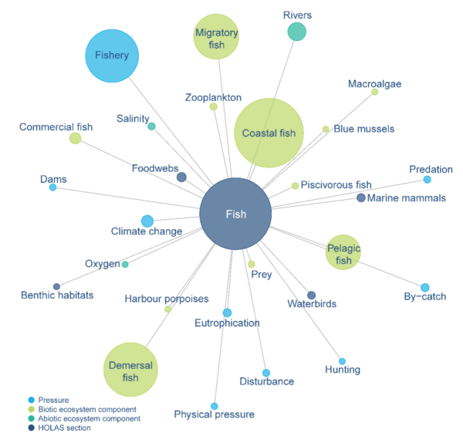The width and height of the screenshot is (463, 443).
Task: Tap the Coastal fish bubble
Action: [x=269, y=133]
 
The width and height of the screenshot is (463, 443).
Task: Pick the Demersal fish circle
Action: [x=130, y=370]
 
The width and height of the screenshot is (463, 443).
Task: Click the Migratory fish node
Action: [x=216, y=37]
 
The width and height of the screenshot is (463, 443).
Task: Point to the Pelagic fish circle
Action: [x=343, y=252]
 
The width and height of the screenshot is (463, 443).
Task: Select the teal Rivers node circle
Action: [x=296, y=31]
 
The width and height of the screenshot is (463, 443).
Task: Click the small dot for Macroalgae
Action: [x=375, y=92]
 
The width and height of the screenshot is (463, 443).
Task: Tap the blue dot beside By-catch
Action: [x=424, y=288]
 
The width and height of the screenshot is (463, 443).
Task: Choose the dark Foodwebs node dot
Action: [x=181, y=178]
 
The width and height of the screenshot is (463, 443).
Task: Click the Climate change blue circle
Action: [x=147, y=221]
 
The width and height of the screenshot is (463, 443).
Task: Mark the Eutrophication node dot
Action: [x=227, y=313]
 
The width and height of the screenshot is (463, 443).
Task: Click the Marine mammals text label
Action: [x=407, y=198]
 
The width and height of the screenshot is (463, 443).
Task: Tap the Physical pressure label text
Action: [x=214, y=415]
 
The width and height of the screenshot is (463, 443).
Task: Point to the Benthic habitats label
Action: [x=57, y=295]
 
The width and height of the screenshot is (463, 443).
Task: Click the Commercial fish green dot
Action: [x=75, y=138]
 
